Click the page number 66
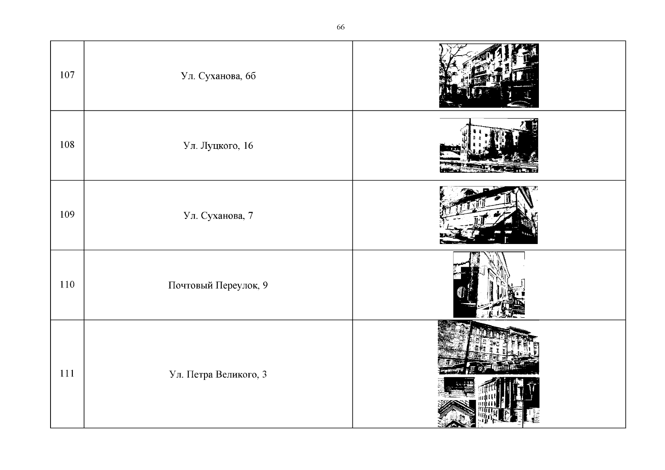(340, 27)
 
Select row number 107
(67, 75)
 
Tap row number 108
(67, 145)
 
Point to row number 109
(67, 215)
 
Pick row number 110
(67, 285)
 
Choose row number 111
(67, 374)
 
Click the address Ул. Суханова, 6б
(218, 76)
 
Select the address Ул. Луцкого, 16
(218, 146)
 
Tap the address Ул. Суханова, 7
(218, 216)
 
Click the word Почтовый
(191, 286)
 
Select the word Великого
(237, 375)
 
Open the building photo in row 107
(489, 76)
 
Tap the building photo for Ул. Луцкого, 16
(489, 145)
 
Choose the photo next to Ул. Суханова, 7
(489, 215)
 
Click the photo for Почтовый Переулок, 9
(489, 285)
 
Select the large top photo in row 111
(488, 347)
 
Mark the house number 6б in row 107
(251, 76)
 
